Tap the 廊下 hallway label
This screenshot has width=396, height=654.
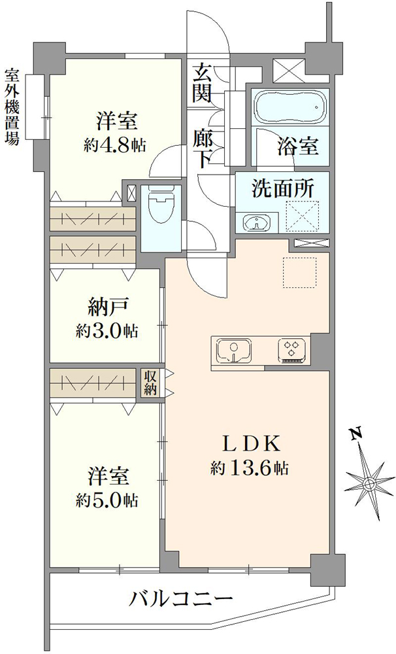[x=201, y=148]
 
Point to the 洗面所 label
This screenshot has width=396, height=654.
[x=282, y=189]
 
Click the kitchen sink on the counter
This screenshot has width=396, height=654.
[x=234, y=349]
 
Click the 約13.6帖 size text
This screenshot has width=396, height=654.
[x=249, y=468]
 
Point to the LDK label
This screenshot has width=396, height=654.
[x=249, y=445]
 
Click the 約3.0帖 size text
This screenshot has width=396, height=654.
[x=107, y=332]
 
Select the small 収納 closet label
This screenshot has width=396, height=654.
[x=150, y=383]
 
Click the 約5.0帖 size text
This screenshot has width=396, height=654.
[x=107, y=499]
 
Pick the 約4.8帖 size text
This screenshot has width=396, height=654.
[x=114, y=145]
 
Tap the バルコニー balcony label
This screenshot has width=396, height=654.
[x=180, y=600]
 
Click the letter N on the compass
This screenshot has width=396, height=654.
[x=355, y=434]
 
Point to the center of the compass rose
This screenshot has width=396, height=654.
[x=369, y=484]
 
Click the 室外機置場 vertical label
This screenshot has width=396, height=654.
[x=12, y=107]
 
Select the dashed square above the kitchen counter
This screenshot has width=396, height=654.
[x=300, y=273]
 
